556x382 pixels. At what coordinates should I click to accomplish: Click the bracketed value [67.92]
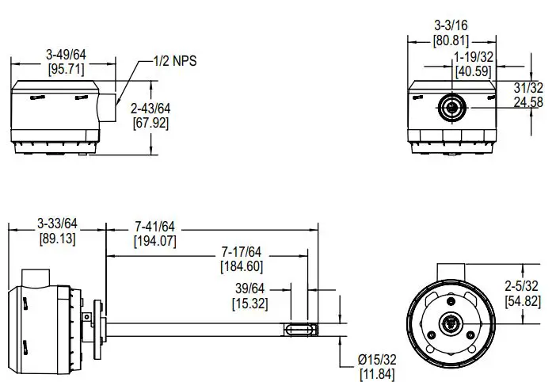pyautogui.click(x=150, y=122)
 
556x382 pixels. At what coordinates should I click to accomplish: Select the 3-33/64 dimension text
pyautogui.click(x=57, y=224)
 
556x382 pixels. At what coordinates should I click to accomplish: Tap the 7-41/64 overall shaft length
pyautogui.click(x=155, y=226)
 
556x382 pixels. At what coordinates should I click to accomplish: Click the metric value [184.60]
pyautogui.click(x=241, y=266)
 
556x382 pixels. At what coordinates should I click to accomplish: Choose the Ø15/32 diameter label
pyautogui.click(x=379, y=360)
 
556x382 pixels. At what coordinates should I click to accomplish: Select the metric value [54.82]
pyautogui.click(x=524, y=300)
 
